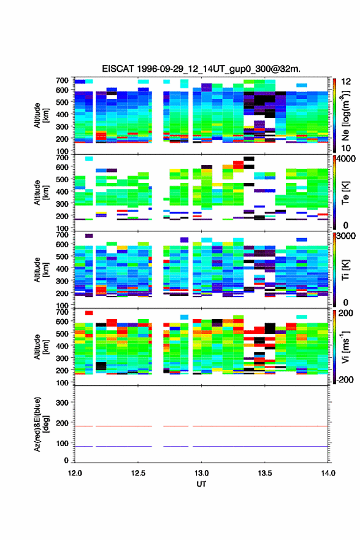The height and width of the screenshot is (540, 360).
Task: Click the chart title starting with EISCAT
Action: (201, 69)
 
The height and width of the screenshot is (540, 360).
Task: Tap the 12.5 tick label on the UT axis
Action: (138, 473)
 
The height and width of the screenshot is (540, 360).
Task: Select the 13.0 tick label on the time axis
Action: (201, 473)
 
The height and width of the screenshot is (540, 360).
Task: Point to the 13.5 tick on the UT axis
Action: (265, 473)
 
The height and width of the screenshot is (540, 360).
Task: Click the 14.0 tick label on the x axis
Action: (328, 473)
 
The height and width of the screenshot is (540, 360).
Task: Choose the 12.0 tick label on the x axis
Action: (75, 473)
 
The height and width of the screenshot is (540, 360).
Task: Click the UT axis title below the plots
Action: (201, 484)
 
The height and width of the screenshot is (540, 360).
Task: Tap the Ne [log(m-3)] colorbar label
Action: (345, 116)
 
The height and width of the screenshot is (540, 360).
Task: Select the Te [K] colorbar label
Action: (345, 193)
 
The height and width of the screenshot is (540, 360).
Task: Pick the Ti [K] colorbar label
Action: (345, 270)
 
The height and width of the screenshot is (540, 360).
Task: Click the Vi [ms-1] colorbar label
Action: (345, 347)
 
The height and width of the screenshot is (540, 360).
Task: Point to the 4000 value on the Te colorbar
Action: (346, 159)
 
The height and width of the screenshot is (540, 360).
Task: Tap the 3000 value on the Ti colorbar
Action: (346, 236)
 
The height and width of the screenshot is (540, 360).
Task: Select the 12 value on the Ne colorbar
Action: (346, 82)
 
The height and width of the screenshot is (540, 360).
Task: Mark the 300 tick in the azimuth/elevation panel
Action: (62, 403)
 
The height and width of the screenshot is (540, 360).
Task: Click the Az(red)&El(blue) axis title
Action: (40, 424)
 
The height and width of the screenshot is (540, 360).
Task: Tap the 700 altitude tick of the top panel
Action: (62, 80)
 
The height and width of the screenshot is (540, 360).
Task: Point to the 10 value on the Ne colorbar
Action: (346, 148)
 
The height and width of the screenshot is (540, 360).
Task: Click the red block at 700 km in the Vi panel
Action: (89, 313)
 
